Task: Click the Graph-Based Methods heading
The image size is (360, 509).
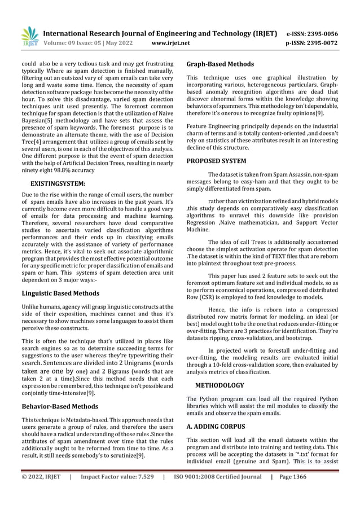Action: tap(219, 64)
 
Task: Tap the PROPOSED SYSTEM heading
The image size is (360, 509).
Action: tap(216, 161)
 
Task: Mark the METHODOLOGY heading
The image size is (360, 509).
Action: tap(219, 385)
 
